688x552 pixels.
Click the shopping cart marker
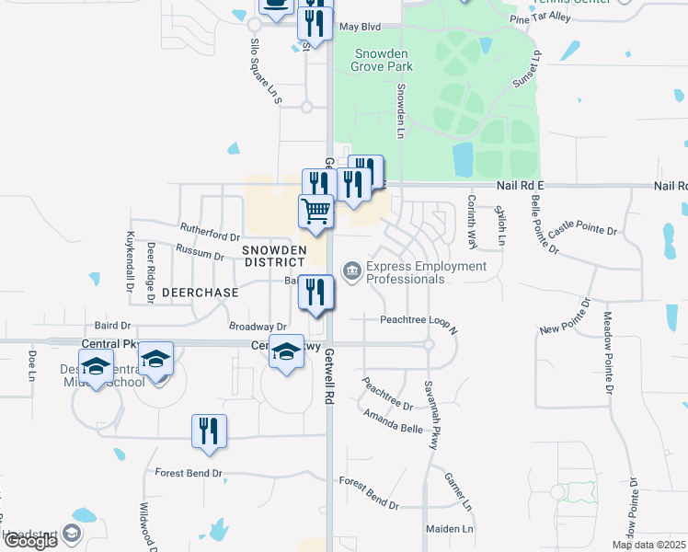(315, 211)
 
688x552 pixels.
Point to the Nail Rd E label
(521, 186)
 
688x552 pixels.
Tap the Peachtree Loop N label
(419, 319)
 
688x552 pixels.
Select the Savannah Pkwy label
(430, 414)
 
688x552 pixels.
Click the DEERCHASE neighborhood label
(200, 293)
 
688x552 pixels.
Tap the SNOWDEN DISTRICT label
(273, 257)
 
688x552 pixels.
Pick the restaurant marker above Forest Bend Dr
(209, 431)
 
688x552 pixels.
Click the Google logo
(29, 541)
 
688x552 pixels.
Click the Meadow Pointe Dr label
(607, 351)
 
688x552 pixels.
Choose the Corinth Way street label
(472, 221)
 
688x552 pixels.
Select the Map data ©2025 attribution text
(648, 545)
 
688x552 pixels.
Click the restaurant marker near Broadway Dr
(315, 292)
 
